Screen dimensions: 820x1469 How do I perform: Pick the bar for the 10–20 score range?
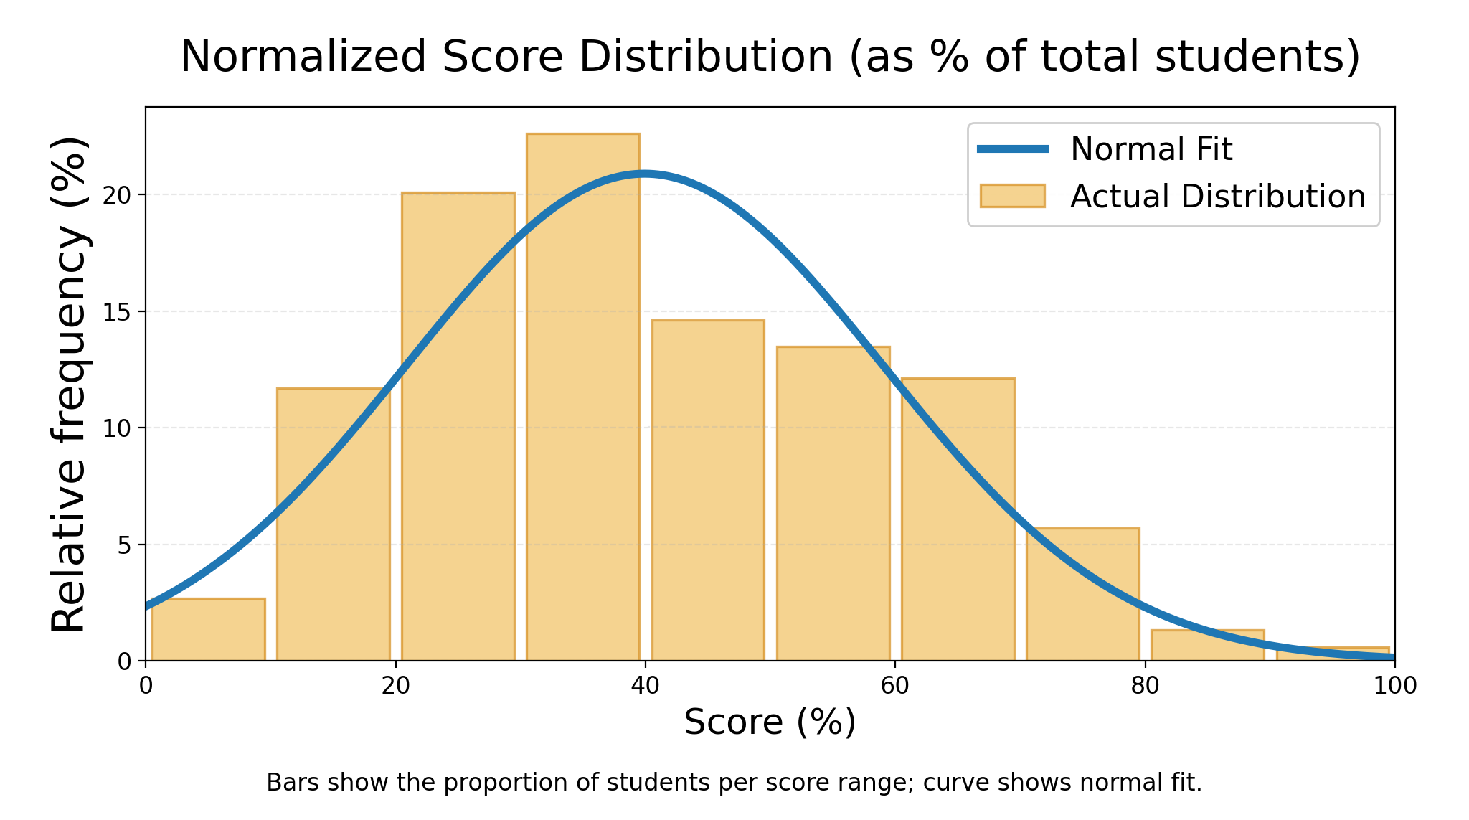click(x=333, y=524)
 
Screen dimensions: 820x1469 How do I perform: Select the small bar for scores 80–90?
click(x=1207, y=646)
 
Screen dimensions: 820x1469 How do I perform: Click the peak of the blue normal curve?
click(x=645, y=174)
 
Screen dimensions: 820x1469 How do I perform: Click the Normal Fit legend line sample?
click(x=1013, y=149)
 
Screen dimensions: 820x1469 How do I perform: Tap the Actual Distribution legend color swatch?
click(x=1013, y=196)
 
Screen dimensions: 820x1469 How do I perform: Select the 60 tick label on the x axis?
click(x=895, y=687)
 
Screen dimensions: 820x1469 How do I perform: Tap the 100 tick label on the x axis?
click(x=1394, y=687)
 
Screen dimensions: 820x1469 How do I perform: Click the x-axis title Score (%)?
click(x=770, y=722)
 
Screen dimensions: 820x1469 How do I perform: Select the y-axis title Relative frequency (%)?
click(x=70, y=384)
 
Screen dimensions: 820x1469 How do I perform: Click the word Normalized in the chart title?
click(x=303, y=57)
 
